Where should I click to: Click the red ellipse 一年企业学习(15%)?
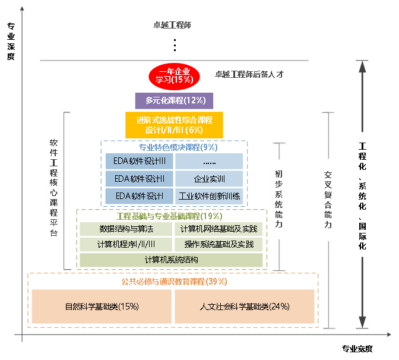171,75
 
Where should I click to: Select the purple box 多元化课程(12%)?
175,100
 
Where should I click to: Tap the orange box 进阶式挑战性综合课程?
174,125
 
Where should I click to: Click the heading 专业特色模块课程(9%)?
174,147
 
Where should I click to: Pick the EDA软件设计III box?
139,162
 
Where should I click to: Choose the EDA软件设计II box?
139,178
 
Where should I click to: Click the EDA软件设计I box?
139,195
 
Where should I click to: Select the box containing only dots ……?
209,162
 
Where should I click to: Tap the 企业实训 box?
209,178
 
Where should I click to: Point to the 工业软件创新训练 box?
209,195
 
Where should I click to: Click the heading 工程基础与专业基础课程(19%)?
169,216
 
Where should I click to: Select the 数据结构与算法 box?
126,229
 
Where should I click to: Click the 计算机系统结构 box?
172,260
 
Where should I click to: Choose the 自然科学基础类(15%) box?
102,307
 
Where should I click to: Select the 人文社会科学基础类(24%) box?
244,307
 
